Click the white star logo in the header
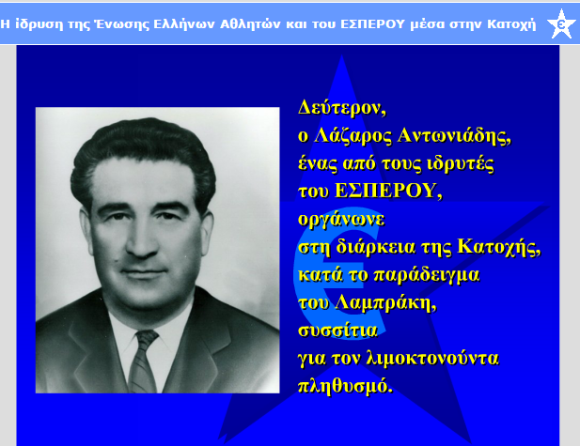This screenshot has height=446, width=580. click(561, 23)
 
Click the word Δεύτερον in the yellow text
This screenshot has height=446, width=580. click(342, 108)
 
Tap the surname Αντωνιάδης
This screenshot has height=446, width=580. click(454, 135)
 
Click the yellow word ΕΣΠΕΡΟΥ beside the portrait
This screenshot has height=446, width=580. click(388, 191)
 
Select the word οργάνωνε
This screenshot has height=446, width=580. click(341, 220)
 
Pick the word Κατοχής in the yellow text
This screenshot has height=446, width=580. click(499, 247)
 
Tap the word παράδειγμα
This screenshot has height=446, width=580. click(427, 275)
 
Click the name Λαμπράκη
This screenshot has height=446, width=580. click(385, 303)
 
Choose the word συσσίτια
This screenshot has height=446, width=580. click(337, 331)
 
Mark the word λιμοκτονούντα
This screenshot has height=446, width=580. click(432, 358)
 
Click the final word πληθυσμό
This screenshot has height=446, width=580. click(345, 386)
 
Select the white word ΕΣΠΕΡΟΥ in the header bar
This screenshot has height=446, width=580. click(373, 24)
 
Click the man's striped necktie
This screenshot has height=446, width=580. click(143, 361)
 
